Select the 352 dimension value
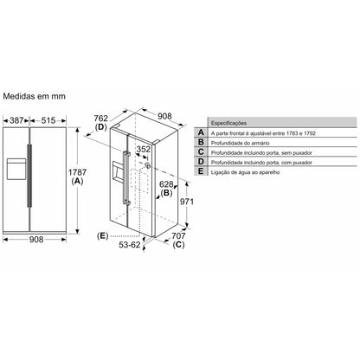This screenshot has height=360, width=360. (145, 149)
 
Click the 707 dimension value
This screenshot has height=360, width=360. (179, 235)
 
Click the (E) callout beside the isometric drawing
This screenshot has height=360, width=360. (103, 235)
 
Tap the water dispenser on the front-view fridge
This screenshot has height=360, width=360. (16, 164)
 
